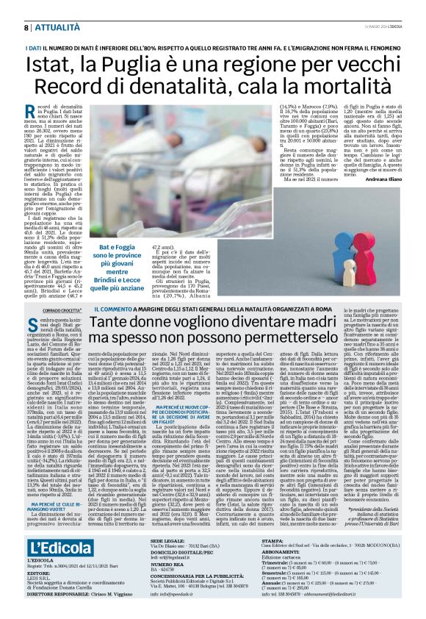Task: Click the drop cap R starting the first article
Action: [39, 111]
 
